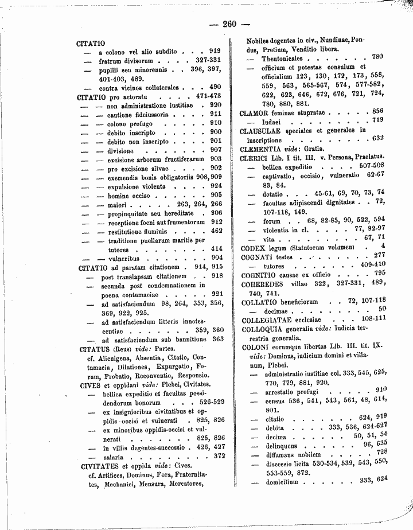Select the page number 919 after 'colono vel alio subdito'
[215, 50]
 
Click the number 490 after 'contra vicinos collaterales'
[215, 87]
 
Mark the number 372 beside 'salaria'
[217, 457]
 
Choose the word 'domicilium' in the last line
[282, 482]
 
